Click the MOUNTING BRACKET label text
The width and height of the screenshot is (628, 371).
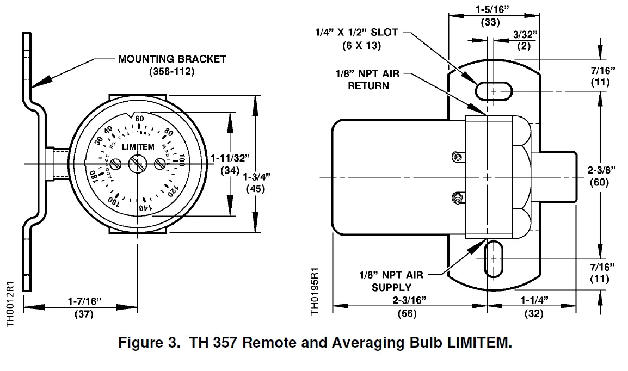coord(172,59)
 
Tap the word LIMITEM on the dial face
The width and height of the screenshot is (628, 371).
coord(138,147)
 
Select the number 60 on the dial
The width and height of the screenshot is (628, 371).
coord(139,119)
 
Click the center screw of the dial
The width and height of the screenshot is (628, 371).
coord(137,163)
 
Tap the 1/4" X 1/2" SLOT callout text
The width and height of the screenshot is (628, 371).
coord(356,33)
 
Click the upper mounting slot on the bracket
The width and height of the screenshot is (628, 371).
coord(494,91)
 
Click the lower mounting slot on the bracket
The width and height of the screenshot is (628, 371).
coord(494,259)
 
